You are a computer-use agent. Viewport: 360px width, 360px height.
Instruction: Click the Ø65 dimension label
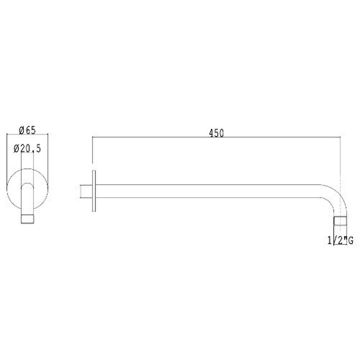pyautogui.click(x=27, y=130)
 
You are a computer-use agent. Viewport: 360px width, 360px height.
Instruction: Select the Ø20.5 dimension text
pyautogui.click(x=27, y=148)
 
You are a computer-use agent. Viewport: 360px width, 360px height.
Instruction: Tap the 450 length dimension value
pyautogui.click(x=216, y=133)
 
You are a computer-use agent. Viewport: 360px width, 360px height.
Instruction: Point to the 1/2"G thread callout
pyautogui.click(x=340, y=241)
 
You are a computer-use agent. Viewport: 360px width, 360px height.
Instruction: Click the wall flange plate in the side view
pyautogui.click(x=94, y=191)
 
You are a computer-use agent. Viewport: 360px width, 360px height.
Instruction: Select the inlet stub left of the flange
pyautogui.click(x=86, y=191)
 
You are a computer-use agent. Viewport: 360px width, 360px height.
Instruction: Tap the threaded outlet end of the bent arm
pyautogui.click(x=340, y=220)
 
